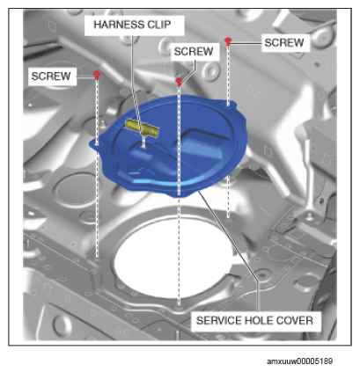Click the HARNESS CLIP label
click(x=132, y=25)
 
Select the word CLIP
click(x=159, y=25)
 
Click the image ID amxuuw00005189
click(x=299, y=361)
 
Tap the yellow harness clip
click(x=143, y=128)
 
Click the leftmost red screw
click(x=97, y=75)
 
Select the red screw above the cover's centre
click(x=179, y=82)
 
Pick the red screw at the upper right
click(x=228, y=41)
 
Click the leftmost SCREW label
click(x=51, y=77)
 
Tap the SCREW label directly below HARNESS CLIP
click(x=194, y=52)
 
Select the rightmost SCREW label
click(x=284, y=43)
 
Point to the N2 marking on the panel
click(x=254, y=91)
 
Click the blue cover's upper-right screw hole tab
click(x=229, y=104)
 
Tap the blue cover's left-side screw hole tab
click(x=97, y=144)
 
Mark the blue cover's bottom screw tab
click(x=179, y=193)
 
